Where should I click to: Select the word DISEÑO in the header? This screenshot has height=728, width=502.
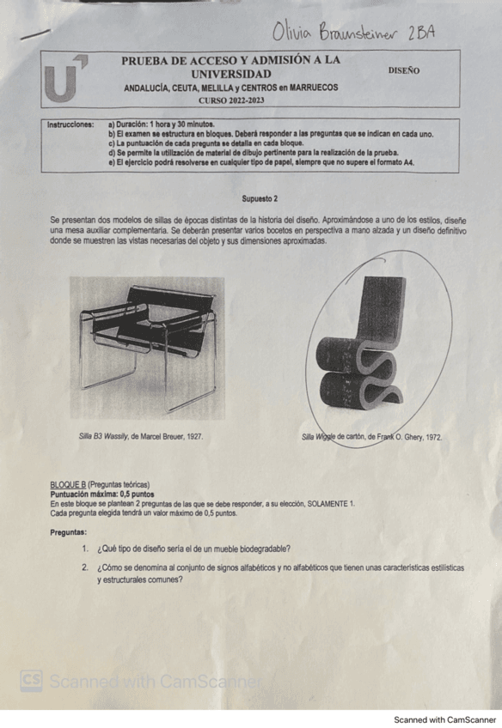[404, 70]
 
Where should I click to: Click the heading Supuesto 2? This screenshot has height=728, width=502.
[259, 198]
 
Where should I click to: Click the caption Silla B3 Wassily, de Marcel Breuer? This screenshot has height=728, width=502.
[140, 437]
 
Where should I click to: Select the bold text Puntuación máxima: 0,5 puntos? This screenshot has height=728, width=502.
[102, 495]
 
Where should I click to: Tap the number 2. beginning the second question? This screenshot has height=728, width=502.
[86, 568]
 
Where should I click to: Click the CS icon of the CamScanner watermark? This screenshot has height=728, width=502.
[32, 681]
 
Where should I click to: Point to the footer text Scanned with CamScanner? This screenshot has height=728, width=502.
[444, 719]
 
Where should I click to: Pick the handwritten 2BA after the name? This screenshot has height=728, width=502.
[422, 33]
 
